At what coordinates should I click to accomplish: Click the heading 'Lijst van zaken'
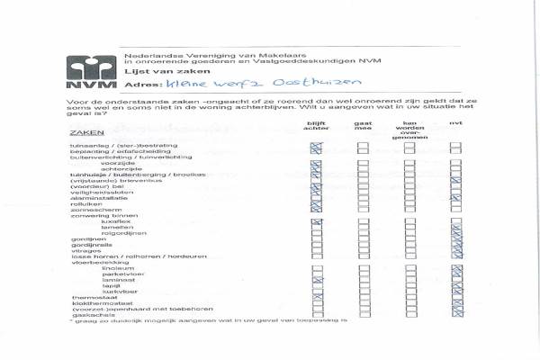tap(153, 69)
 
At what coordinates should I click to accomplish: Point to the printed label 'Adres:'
tap(139, 84)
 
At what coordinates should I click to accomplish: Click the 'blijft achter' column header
tap(315, 126)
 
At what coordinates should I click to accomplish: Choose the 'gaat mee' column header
tap(363, 126)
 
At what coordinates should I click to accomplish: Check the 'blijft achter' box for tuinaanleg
tap(316, 144)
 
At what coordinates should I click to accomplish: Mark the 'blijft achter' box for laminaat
tap(316, 281)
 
